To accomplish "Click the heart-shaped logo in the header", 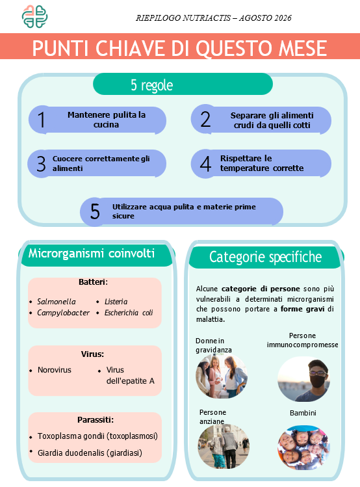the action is [34, 16].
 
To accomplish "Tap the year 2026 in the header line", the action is [283, 18].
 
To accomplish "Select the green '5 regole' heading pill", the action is [183, 84].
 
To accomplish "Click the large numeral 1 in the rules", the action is [42, 120].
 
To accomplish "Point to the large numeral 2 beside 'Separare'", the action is [205, 119].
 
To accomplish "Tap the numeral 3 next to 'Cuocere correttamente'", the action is [41, 164].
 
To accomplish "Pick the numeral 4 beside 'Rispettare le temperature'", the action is [205, 164].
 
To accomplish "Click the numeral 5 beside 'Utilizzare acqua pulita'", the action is [95, 211].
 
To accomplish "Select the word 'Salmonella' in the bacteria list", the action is [56, 302].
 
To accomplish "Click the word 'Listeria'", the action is [116, 302].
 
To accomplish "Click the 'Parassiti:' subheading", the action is [96, 420].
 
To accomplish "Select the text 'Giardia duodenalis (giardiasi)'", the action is [90, 453].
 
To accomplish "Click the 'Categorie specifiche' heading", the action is [265, 257].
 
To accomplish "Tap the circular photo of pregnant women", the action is [222, 376].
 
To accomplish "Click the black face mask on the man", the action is [318, 381].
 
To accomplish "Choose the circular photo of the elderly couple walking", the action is [224, 447].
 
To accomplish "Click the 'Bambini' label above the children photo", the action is [303, 413].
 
